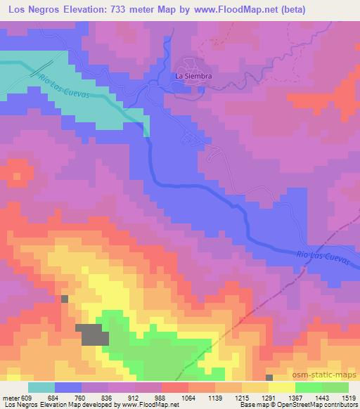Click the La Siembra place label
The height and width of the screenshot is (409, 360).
pos(193,76)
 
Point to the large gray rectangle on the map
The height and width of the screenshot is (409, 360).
pos(94,335)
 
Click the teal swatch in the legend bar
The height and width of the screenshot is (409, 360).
pos(41,388)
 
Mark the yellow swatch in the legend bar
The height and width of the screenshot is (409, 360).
pos(281,388)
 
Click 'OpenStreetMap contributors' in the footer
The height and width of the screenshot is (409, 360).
pos(321,405)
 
